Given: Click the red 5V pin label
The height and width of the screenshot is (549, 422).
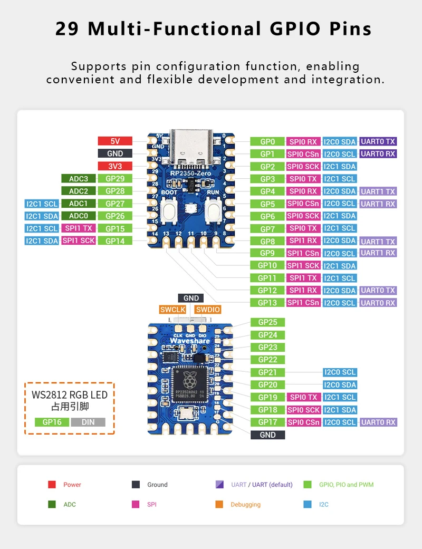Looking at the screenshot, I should coord(114,141).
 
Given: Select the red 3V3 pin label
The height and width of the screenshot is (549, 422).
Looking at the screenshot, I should coord(114,166).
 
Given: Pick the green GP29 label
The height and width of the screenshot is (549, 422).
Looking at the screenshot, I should coord(114,179).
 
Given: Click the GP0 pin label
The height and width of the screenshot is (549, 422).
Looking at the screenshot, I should coord(267,141).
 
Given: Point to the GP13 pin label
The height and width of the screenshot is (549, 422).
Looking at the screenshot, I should coord(267,303).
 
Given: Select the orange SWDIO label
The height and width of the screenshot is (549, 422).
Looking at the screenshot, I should coord(207,310).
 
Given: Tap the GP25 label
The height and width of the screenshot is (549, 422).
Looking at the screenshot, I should coord(267,322).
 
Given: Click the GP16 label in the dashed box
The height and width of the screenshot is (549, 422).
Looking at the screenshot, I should coord(52,422).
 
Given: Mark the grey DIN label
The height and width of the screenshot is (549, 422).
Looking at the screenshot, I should coord(88,422).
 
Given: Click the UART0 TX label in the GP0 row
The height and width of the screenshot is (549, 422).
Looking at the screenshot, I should coord(378,141).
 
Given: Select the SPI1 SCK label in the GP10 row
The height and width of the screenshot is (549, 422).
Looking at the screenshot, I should coord(304,265).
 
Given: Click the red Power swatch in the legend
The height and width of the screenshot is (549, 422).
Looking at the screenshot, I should coord(52,485).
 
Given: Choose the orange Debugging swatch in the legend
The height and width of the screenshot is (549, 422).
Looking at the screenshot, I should coord(219,505).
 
